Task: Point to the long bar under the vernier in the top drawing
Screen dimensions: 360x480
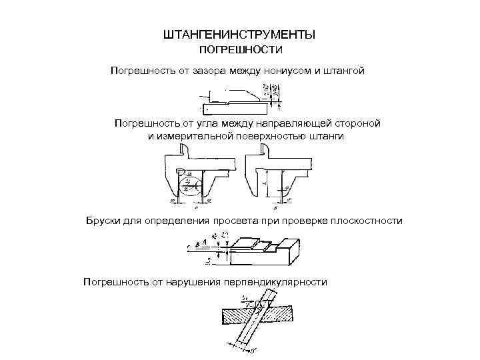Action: (x=233, y=108)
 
